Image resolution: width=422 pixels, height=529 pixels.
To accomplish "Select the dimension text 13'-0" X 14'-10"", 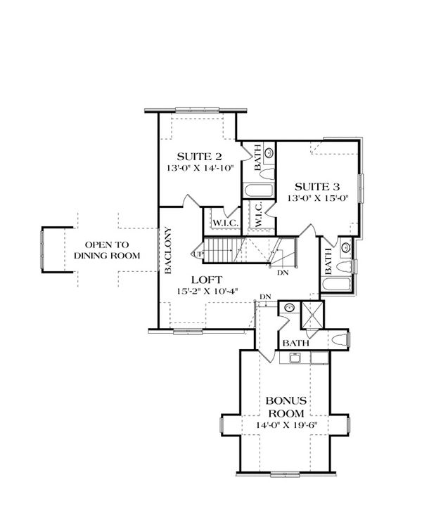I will [x=199, y=169].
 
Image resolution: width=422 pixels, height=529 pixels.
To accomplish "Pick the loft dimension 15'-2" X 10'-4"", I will [x=209, y=290].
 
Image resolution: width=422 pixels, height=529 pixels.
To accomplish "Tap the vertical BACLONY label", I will [x=169, y=249].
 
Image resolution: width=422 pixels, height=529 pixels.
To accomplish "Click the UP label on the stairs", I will [x=198, y=254].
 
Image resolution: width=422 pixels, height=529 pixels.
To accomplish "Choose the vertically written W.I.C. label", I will [x=258, y=214].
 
